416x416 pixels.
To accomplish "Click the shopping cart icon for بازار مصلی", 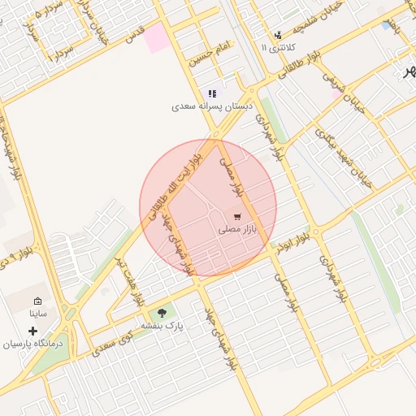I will [x=236, y=216].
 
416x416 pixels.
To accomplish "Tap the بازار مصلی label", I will [x=237, y=230].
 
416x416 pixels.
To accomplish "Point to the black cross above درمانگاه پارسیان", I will [x=32, y=331].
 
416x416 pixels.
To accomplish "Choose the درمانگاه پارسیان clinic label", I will [x=32, y=344].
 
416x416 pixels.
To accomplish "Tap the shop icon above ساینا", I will [x=37, y=301].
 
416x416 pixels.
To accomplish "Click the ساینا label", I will [x=39, y=313].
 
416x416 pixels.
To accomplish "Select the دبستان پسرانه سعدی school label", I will [x=212, y=106].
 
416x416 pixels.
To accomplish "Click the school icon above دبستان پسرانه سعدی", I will [x=213, y=93].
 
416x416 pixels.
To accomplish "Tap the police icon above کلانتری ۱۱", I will [x=279, y=35].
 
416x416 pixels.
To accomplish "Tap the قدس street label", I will [x=135, y=34].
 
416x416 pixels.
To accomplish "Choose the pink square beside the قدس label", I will [x=158, y=37].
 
